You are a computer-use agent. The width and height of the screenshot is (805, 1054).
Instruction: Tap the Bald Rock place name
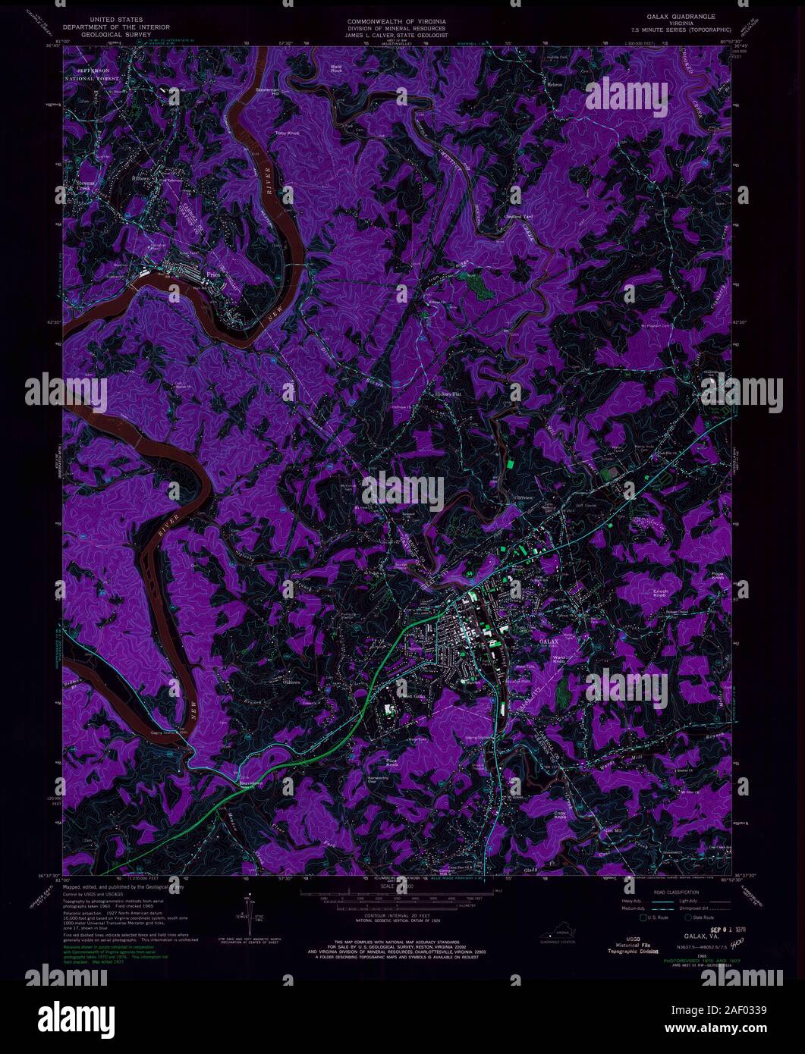tap(337, 69)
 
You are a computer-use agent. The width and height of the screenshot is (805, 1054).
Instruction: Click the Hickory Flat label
tap(447, 394)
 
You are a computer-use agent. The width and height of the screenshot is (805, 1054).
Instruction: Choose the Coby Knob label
tap(560, 815)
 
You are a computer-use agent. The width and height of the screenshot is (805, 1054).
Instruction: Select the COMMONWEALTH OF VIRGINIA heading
tap(397, 16)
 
